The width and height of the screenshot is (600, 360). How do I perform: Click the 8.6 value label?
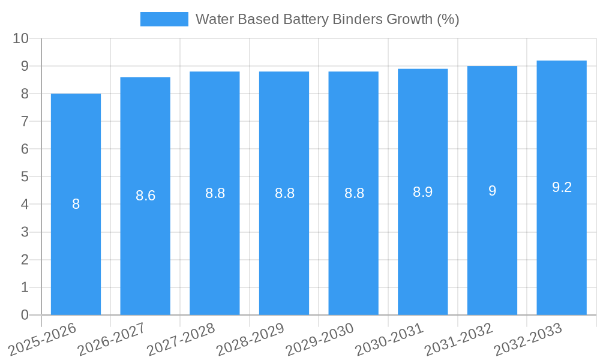coord(145,196)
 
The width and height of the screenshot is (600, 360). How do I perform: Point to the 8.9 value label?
coord(423,192)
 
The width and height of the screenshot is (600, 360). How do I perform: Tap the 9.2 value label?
coord(562,187)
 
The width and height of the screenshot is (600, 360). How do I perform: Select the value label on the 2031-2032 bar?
coord(492,191)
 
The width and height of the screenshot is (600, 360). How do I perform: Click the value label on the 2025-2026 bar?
coord(76,204)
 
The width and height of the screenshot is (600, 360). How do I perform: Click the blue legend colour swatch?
coord(164,19)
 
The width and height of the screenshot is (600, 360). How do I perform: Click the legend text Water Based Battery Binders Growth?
coord(327,19)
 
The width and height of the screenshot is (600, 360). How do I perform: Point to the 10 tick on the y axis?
coord(21,38)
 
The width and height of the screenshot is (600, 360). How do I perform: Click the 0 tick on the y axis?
coord(25,315)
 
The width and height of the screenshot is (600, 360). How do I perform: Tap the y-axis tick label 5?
coord(25,177)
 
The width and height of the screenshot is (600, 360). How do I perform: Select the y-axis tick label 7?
coord(25,121)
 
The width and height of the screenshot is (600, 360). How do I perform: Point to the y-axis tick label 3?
coord(25,232)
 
